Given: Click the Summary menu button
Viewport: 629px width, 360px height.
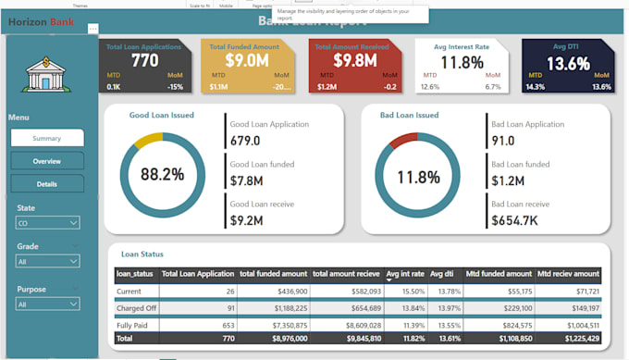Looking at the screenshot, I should coord(46,137).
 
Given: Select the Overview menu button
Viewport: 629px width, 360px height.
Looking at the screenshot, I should coord(46,161).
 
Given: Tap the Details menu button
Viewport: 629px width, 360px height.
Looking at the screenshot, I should coord(46,184).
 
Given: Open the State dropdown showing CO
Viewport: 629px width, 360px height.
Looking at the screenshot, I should coord(47,223).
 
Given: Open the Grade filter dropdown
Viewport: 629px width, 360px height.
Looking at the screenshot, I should coord(47,262).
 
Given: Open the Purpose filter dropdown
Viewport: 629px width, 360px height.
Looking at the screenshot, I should coord(47,304).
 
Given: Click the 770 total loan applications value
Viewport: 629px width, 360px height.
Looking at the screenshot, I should coord(144,61).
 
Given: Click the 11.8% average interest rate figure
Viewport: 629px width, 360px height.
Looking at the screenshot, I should coord(461,63).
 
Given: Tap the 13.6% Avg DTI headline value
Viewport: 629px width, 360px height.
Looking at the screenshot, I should coord(568,63).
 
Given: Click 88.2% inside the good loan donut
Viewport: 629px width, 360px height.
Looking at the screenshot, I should coord(162,174).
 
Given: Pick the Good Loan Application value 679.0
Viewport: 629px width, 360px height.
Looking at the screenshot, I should coord(244,141).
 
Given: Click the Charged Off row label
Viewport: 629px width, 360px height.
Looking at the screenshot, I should coord(137,307).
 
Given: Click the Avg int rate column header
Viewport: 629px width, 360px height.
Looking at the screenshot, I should coord(404,274).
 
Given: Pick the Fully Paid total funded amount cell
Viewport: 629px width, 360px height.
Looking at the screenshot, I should coord(273,326).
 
